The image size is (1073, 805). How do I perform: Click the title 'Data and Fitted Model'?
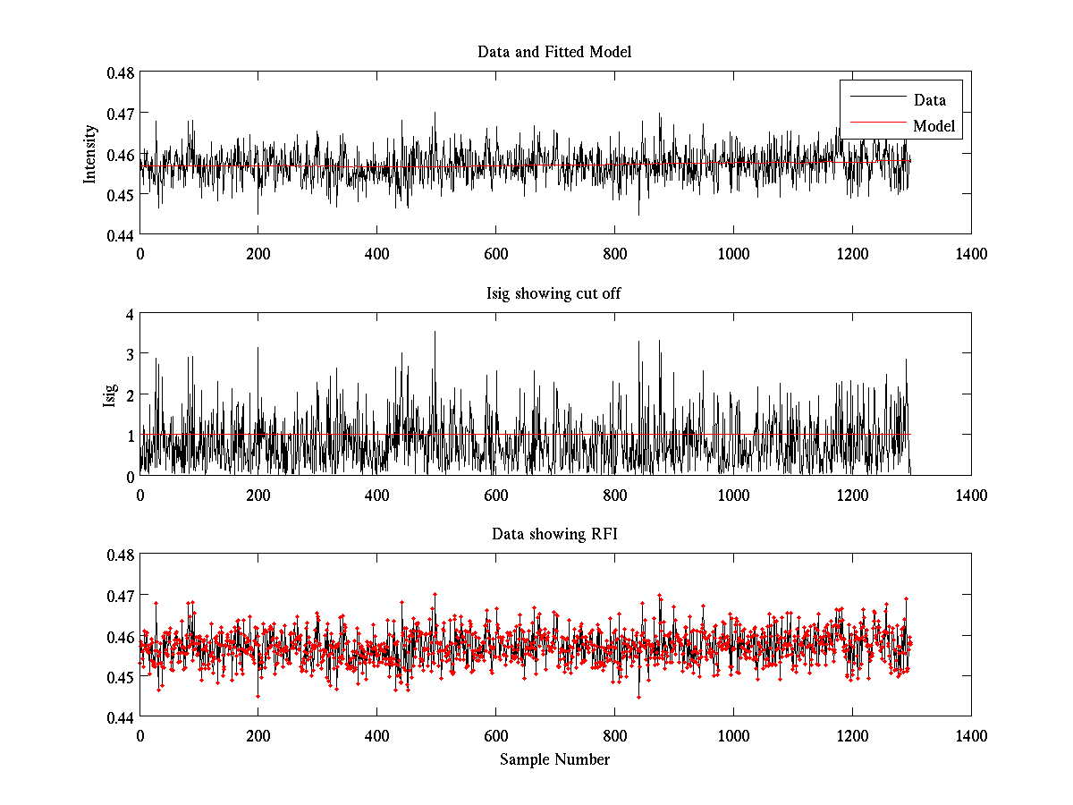point(554,52)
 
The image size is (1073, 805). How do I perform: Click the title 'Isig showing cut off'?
point(554,293)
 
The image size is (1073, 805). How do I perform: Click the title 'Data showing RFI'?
point(554,534)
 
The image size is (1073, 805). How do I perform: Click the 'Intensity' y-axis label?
point(90,154)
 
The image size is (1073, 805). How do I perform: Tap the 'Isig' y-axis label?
point(110,394)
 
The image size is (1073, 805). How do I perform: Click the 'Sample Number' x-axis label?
point(554,760)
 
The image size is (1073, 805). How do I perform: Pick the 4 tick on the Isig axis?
point(130,314)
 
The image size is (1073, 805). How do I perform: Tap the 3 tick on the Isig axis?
point(130,354)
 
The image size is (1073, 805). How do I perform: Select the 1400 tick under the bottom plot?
point(971,735)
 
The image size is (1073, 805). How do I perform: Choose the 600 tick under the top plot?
point(495,253)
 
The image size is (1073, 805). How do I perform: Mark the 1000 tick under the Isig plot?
point(733,495)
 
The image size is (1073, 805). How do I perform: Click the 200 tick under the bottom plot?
point(258,735)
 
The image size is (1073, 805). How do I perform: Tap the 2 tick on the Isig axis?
point(130,394)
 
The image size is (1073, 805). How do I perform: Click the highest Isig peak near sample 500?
point(435,333)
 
